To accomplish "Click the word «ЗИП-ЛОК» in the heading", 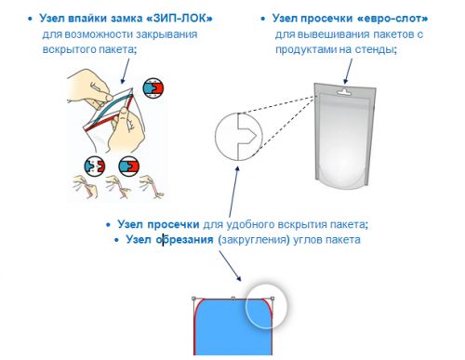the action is coord(179,19).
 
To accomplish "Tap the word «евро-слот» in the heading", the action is coord(392,19).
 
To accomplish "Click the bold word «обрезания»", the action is coord(184,239).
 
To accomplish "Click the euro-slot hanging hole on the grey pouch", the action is coord(344,91).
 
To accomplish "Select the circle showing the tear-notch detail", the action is coord(215,137).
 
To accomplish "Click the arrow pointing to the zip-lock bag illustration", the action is coord(125,71).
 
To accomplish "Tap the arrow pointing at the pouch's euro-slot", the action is coord(349,72).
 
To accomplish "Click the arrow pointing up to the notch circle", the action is coord(234,192).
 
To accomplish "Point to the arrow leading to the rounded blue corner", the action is coord(230,266).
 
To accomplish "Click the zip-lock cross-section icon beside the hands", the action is coord(153,88).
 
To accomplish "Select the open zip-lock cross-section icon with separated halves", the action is coord(95,167).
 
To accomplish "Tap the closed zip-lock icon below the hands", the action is coord(129,167).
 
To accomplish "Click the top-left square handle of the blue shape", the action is coord(193,299).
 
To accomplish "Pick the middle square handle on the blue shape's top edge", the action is coord(233,299).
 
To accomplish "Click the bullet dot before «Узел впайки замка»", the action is coord(30,19).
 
